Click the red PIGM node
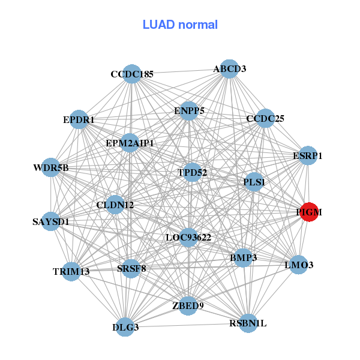[x=309, y=212]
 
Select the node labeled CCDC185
[x=131, y=74]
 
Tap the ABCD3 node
[x=229, y=68]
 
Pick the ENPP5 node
[x=189, y=110]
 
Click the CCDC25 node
[x=265, y=118]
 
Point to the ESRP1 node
[x=307, y=156]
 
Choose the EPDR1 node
[x=79, y=119]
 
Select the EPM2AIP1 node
[x=130, y=143]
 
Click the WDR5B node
[x=51, y=167]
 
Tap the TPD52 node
[x=192, y=172]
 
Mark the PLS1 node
[x=254, y=181]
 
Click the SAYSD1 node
[x=51, y=221]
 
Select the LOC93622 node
[x=188, y=238]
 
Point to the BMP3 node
[x=243, y=258]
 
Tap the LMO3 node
[x=299, y=264]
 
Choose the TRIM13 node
[x=71, y=271]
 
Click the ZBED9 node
[x=188, y=305]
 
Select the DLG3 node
[x=125, y=327]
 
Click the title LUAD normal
[x=180, y=25]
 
